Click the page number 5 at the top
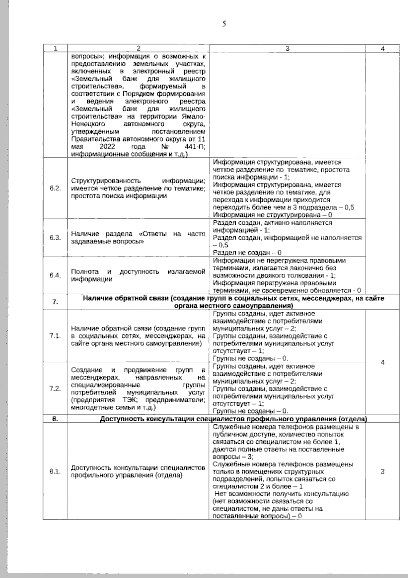point(224,24)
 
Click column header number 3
point(287,48)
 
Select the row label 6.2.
point(55,189)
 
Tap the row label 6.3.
point(55,237)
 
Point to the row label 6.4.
point(55,275)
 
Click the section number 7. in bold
point(55,302)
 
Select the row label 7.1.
point(55,336)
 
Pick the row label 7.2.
point(55,388)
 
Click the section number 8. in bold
point(55,419)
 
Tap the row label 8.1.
point(55,471)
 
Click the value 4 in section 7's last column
point(383,362)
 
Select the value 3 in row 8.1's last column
point(383,472)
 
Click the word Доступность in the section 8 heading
point(121,419)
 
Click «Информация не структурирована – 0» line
point(272,215)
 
